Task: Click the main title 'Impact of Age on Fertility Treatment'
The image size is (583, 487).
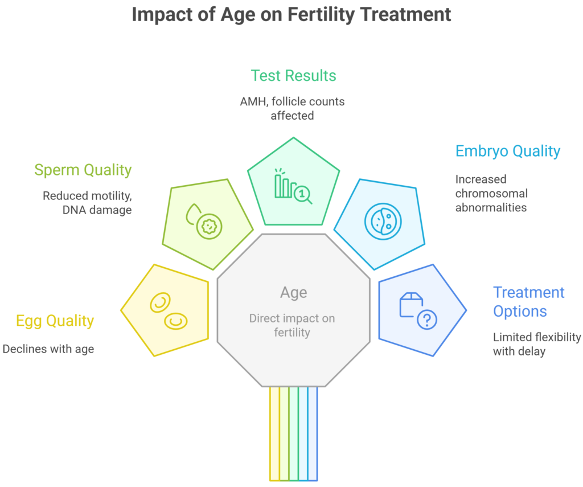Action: point(291,14)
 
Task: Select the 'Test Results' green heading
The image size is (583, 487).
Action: point(293,76)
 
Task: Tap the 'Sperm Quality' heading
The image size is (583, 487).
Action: point(83,170)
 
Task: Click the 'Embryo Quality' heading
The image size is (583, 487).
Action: point(507,151)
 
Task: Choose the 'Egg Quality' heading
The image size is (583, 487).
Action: point(55,321)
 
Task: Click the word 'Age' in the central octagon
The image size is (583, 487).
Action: point(293,293)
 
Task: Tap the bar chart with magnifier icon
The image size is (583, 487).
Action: point(293,186)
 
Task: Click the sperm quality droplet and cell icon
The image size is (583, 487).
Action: point(205,222)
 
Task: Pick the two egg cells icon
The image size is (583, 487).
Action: point(169,312)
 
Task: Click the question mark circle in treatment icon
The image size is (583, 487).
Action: point(427,320)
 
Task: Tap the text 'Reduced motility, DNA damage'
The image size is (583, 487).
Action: point(87,202)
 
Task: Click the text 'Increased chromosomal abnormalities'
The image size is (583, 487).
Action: point(491,193)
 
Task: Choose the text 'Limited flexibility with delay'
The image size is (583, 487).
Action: point(536,344)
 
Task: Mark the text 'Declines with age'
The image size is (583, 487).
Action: point(48,349)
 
